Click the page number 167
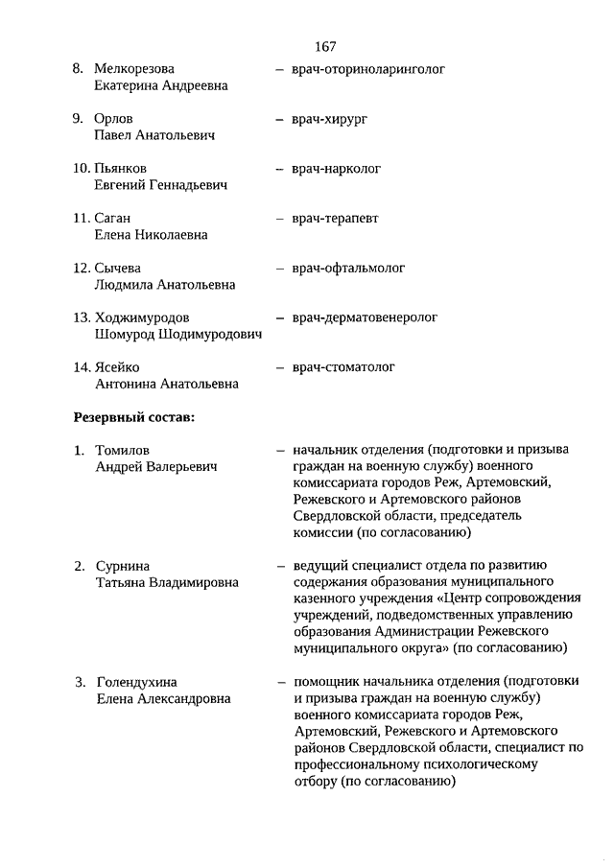324,46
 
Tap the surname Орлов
114,119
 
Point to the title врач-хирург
330,119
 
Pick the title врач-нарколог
337,169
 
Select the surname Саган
112,219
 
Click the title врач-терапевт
336,219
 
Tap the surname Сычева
117,269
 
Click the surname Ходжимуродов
143,317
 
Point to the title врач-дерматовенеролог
365,317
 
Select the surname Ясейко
118,367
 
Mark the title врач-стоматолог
343,367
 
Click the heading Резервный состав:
134,416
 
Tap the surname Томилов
123,450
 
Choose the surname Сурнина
123,566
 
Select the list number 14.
82,367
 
